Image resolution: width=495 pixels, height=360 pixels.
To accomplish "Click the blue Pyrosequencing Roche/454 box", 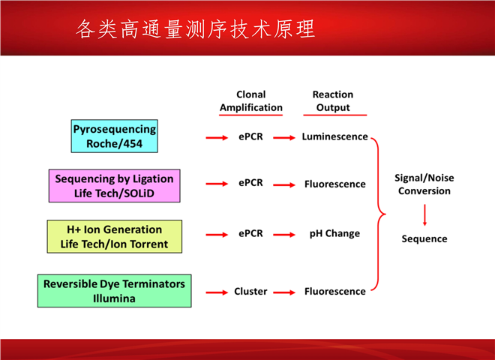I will [x=114, y=136].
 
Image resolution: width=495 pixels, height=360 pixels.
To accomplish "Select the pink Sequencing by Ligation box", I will [x=114, y=185].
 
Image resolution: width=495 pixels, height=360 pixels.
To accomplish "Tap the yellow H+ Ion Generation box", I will [x=114, y=237].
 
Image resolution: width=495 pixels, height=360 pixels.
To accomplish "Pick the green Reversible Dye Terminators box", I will [x=114, y=291].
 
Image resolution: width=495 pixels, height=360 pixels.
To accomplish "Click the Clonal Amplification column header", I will [x=250, y=101].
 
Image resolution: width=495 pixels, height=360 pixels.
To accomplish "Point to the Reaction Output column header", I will [x=333, y=101].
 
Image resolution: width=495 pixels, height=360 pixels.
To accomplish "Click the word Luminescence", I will [x=334, y=136].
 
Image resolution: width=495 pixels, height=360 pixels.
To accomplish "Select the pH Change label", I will [x=334, y=233].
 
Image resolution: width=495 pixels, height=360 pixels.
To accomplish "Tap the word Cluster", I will [x=250, y=291].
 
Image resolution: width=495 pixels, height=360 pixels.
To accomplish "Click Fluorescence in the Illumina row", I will [x=334, y=291].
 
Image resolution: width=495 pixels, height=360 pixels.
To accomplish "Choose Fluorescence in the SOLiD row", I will [x=334, y=184].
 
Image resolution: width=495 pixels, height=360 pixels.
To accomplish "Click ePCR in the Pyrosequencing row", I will [x=250, y=136].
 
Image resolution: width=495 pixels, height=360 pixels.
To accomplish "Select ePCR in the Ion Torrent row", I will [x=250, y=233].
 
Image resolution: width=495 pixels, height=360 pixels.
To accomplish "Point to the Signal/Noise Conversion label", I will [x=424, y=184].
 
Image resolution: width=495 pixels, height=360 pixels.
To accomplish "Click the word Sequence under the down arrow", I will [x=424, y=239].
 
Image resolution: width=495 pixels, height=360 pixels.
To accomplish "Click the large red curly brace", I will [x=379, y=214].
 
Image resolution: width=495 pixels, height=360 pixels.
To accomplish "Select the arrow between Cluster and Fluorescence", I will [x=284, y=291].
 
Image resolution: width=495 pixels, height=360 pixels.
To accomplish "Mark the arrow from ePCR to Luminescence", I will [x=284, y=137].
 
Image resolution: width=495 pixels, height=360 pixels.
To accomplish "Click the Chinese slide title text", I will [x=196, y=29].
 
